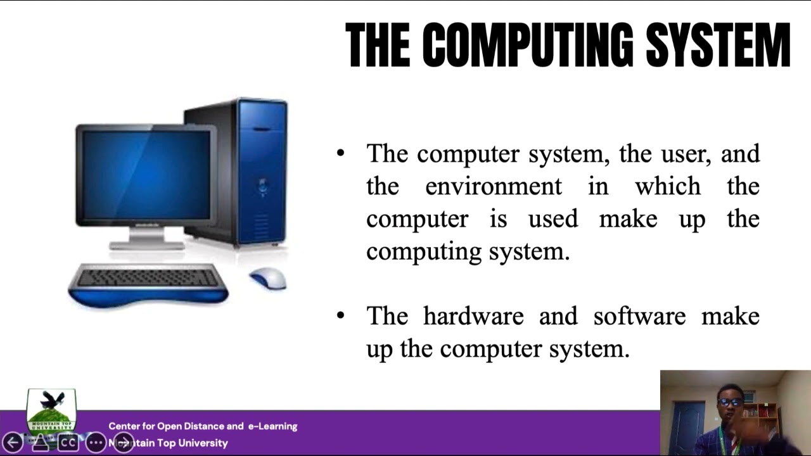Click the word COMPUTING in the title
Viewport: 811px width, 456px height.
(527, 46)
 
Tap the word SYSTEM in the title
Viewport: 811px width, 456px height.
(717, 46)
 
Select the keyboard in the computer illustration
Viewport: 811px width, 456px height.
(148, 279)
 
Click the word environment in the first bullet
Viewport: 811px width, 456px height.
(493, 186)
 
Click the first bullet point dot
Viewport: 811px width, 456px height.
(341, 153)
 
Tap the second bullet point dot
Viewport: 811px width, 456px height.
(341, 315)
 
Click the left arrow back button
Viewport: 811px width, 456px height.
(13, 442)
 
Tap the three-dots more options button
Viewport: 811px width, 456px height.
(96, 442)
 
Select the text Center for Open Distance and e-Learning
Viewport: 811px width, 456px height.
(203, 426)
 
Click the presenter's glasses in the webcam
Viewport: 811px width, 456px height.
(731, 402)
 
